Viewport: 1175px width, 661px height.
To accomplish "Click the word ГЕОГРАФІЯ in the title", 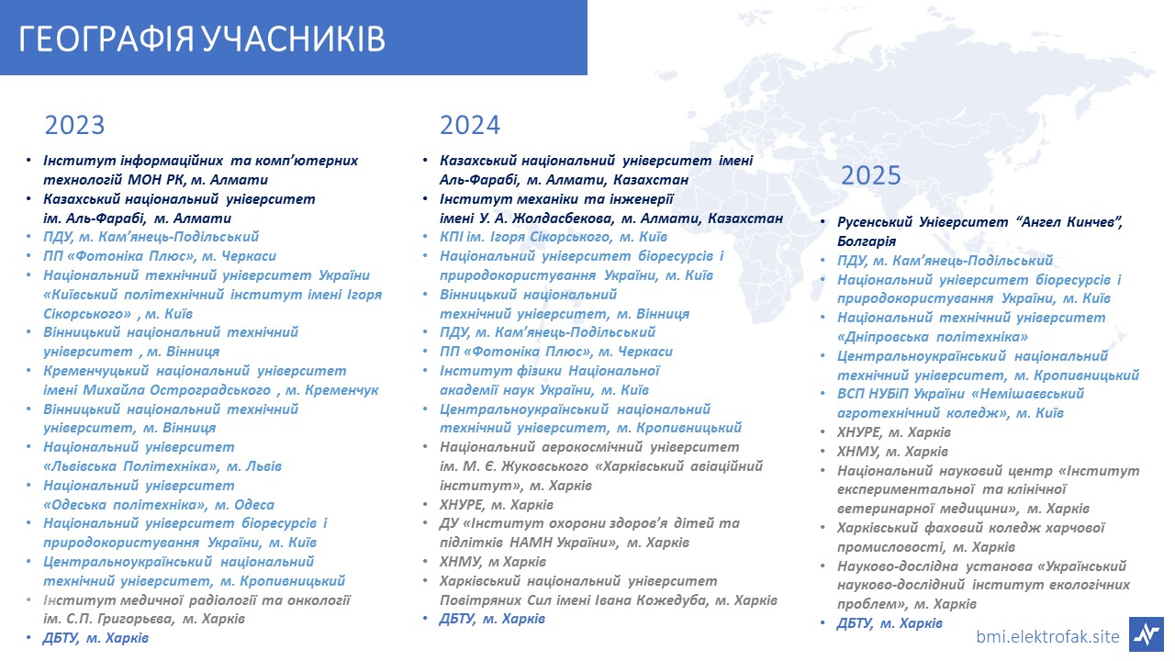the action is [106, 39].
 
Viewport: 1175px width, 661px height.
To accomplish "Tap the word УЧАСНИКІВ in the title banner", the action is [293, 39].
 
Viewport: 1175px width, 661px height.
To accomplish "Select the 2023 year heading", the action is [74, 125].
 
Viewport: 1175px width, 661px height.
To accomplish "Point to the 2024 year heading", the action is [470, 125].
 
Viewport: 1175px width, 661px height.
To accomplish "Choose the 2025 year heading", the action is [871, 175].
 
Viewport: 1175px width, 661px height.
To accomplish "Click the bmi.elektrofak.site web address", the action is [1047, 636].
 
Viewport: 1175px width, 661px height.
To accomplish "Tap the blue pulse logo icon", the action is [1147, 634].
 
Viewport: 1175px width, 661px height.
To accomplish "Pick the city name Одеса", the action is [254, 505].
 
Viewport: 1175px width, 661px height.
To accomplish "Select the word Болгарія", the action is [867, 241].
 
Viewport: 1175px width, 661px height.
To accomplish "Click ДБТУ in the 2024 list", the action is [457, 619].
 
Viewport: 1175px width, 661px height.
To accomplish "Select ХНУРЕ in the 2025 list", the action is [858, 432].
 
